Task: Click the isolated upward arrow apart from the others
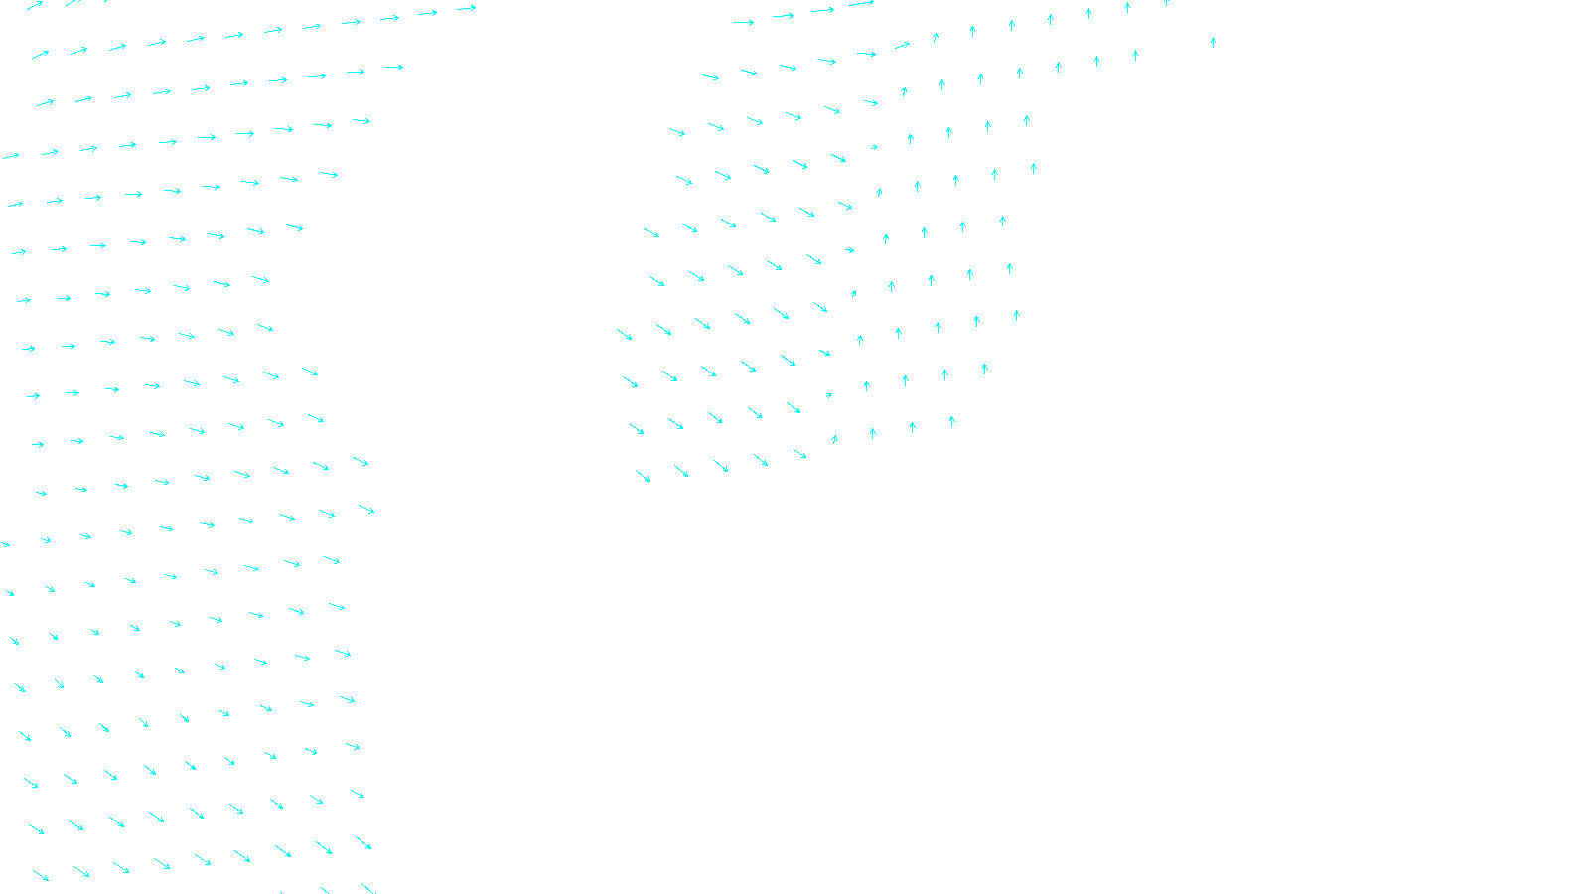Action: [x=1213, y=42]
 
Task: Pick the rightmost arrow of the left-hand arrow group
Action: [x=467, y=8]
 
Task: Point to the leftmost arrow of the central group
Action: [x=624, y=335]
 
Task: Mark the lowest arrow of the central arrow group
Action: [x=643, y=477]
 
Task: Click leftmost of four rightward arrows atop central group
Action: [x=744, y=22]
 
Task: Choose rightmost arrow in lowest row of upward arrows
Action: [x=951, y=421]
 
